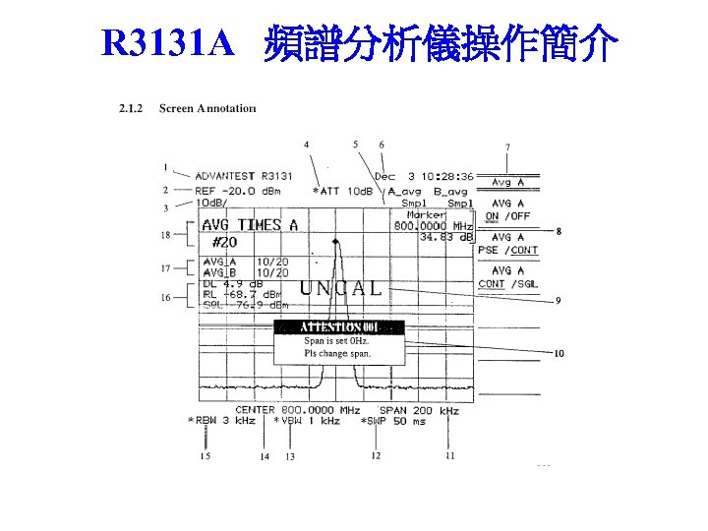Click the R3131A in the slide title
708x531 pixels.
pyautogui.click(x=168, y=43)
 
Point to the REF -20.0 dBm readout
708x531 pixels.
pyautogui.click(x=238, y=191)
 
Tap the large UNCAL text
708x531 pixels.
pyautogui.click(x=340, y=288)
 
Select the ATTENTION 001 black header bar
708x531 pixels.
pyautogui.click(x=338, y=326)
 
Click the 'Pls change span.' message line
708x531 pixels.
pyautogui.click(x=337, y=352)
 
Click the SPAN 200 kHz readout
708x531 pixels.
pyautogui.click(x=419, y=410)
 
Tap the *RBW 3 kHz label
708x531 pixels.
pyautogui.click(x=221, y=421)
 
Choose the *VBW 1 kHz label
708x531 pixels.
pyautogui.click(x=307, y=421)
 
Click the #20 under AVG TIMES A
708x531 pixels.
pyautogui.click(x=225, y=242)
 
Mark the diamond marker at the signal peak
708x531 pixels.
pyautogui.click(x=336, y=240)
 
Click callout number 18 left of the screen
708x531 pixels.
pyautogui.click(x=165, y=234)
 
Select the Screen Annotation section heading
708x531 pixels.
pyautogui.click(x=206, y=107)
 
